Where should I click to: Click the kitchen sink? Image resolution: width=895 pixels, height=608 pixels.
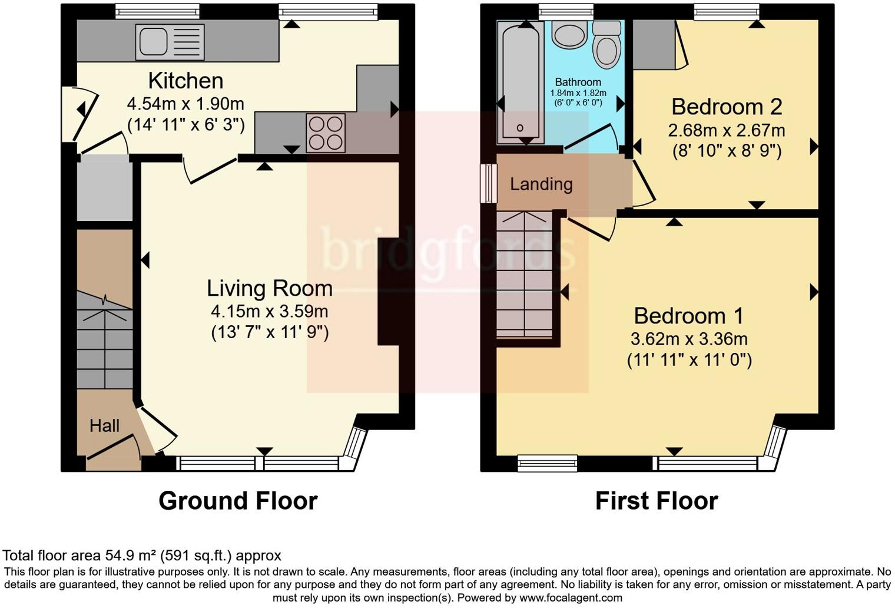click(x=170, y=42)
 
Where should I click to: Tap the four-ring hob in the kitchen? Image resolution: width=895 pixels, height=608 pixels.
click(x=325, y=133)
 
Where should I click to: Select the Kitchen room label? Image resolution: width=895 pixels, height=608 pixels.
click(x=185, y=81)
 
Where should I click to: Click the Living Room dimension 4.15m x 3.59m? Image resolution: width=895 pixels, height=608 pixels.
click(x=270, y=311)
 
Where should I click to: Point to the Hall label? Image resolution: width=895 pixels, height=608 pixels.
click(x=104, y=425)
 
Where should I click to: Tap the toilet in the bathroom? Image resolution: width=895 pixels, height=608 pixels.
click(x=606, y=46)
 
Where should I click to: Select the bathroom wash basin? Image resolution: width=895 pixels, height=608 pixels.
click(x=569, y=34)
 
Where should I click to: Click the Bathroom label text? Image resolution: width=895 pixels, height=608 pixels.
click(x=578, y=82)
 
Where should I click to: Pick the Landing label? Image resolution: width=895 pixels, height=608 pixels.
click(x=541, y=184)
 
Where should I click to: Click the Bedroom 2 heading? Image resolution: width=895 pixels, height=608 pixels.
click(x=727, y=107)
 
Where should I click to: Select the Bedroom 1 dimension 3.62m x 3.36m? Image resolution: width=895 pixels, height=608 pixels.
click(x=689, y=339)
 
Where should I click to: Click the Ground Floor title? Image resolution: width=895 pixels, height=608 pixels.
click(x=238, y=501)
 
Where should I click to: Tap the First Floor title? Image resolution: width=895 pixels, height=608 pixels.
click(x=657, y=501)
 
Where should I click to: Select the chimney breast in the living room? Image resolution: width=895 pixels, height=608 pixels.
click(x=388, y=291)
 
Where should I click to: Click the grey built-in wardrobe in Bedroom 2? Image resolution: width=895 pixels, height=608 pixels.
click(x=654, y=45)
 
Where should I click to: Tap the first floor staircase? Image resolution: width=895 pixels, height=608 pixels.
click(x=524, y=275)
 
